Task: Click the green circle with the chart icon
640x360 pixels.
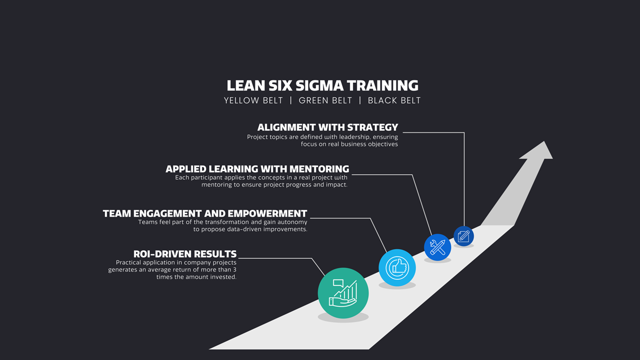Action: pos(343,293)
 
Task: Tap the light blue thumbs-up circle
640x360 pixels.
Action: pos(397,267)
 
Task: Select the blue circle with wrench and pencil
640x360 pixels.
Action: pos(437,247)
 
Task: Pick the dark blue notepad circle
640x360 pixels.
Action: pos(463,236)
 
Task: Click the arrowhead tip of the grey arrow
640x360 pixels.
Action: pos(544,141)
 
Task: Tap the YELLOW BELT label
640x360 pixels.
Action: pos(253,100)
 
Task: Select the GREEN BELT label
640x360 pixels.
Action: pos(325,100)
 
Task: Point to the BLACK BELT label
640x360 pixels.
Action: pos(394,100)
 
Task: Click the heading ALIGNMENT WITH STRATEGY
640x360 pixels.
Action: pos(327,127)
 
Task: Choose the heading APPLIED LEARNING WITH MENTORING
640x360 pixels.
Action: pos(257,169)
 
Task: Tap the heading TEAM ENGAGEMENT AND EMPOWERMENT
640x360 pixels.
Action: pos(205,213)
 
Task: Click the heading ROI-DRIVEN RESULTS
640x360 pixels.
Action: pos(185,254)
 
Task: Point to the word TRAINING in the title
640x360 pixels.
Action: pos(382,85)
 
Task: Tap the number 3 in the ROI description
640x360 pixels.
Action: pos(234,269)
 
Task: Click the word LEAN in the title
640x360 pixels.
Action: pos(245,85)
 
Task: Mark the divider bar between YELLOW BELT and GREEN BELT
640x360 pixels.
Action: pos(291,100)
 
